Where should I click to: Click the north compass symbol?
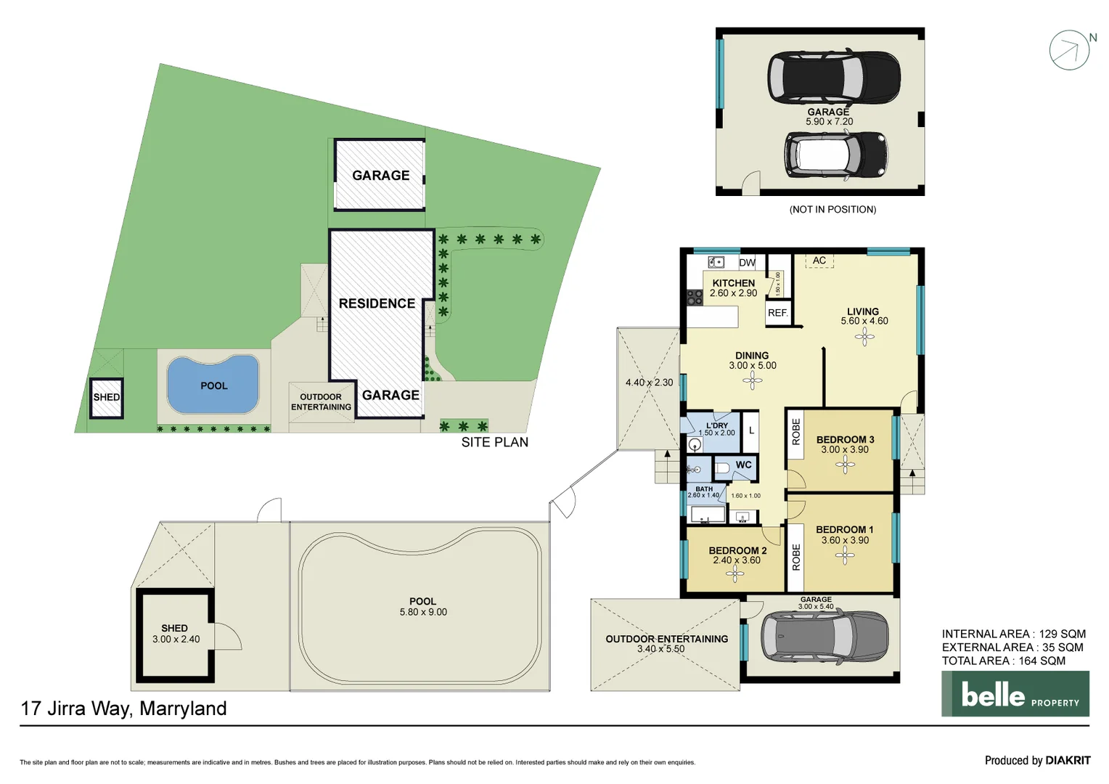pos(1070,50)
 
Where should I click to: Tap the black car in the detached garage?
pos(834,77)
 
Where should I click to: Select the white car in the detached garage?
pos(835,154)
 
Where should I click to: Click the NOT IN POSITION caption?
pos(832,210)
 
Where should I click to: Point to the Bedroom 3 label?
pos(845,439)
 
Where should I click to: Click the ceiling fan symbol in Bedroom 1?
pos(845,556)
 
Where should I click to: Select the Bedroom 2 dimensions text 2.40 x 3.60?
pos(737,560)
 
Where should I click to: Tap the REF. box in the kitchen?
pos(777,313)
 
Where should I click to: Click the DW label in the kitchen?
pos(747,263)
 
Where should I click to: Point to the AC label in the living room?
pos(819,261)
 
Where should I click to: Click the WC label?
pos(743,465)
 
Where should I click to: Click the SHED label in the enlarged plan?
pos(174,628)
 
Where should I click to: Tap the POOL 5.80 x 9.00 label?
pos(423,607)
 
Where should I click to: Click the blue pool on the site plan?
pos(213,385)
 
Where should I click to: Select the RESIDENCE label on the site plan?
pos(377,303)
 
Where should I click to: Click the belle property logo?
pos(1015,694)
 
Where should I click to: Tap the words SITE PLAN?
pos(494,442)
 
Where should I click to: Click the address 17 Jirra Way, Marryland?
pos(123,709)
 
